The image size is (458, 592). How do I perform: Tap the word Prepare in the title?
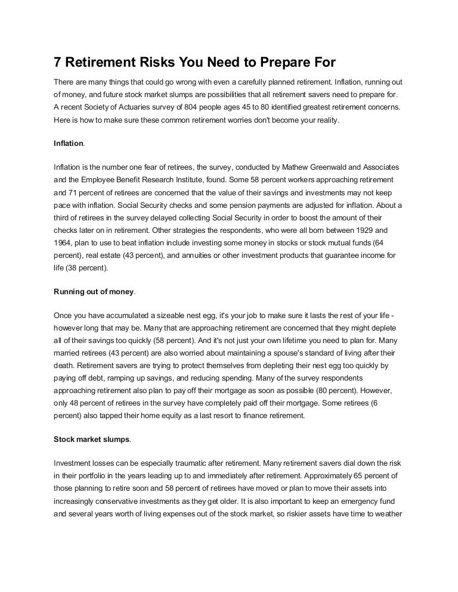pyautogui.click(x=283, y=63)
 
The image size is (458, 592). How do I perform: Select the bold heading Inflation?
pyautogui.click(x=69, y=144)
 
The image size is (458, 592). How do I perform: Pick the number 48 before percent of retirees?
pyautogui.click(x=76, y=403)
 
